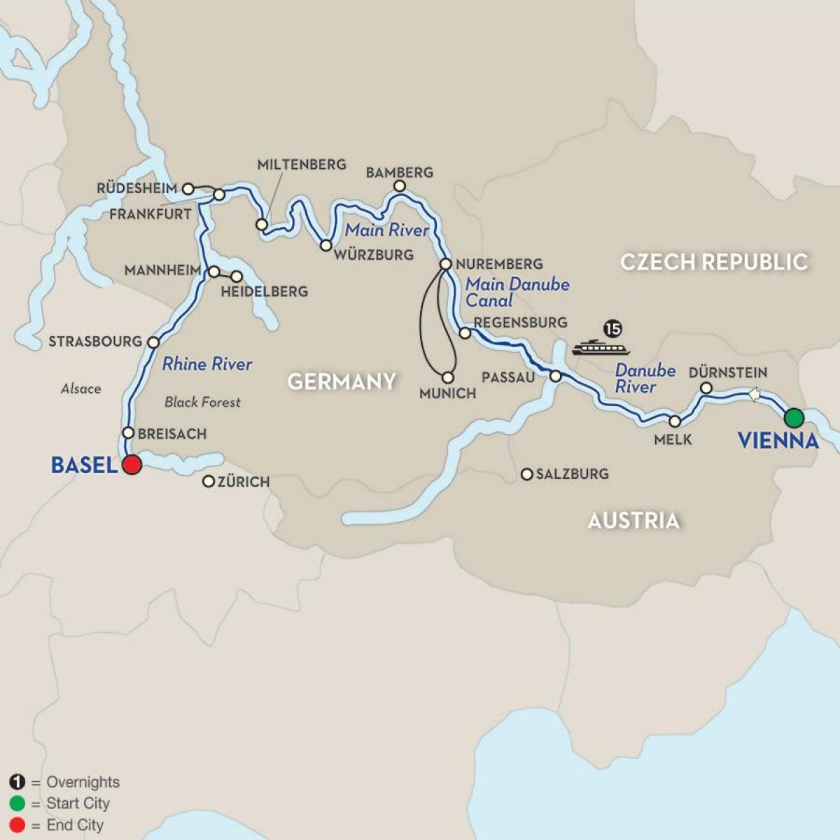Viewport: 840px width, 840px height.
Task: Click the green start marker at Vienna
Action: [793, 418]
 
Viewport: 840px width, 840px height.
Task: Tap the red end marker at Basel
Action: [131, 464]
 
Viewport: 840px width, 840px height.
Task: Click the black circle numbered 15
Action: [612, 328]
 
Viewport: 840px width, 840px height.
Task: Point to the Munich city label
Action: [447, 393]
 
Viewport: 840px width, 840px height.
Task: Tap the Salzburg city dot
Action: [526, 475]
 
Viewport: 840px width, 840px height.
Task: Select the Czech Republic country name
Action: [713, 262]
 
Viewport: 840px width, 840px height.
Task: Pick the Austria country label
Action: [633, 520]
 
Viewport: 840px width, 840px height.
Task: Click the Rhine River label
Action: [207, 364]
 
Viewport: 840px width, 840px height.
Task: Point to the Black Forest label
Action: [202, 402]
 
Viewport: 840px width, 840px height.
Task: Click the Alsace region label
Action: [80, 388]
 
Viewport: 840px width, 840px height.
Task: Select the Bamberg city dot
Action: [399, 186]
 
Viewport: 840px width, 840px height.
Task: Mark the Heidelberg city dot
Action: [237, 276]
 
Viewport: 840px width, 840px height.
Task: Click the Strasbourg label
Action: [95, 342]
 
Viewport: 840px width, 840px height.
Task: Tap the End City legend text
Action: [74, 825]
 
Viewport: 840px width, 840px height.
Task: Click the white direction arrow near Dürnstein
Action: [754, 395]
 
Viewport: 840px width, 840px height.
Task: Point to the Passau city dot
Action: [555, 376]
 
